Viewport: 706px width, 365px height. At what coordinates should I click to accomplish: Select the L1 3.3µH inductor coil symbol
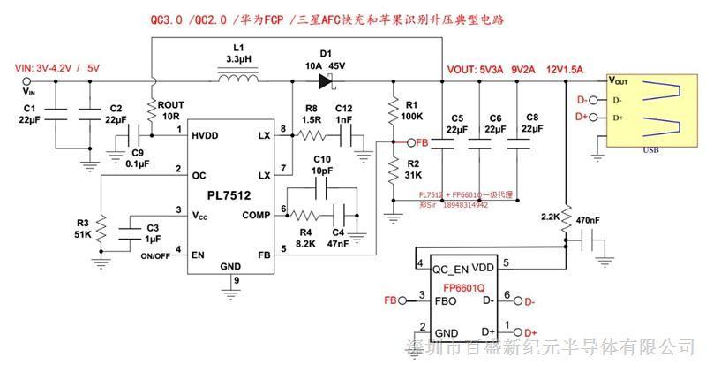[237, 80]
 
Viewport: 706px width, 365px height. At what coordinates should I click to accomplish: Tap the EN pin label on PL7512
[198, 254]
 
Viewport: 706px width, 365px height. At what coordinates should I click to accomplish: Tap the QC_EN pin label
[448, 264]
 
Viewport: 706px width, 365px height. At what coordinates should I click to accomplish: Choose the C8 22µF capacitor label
[530, 124]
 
